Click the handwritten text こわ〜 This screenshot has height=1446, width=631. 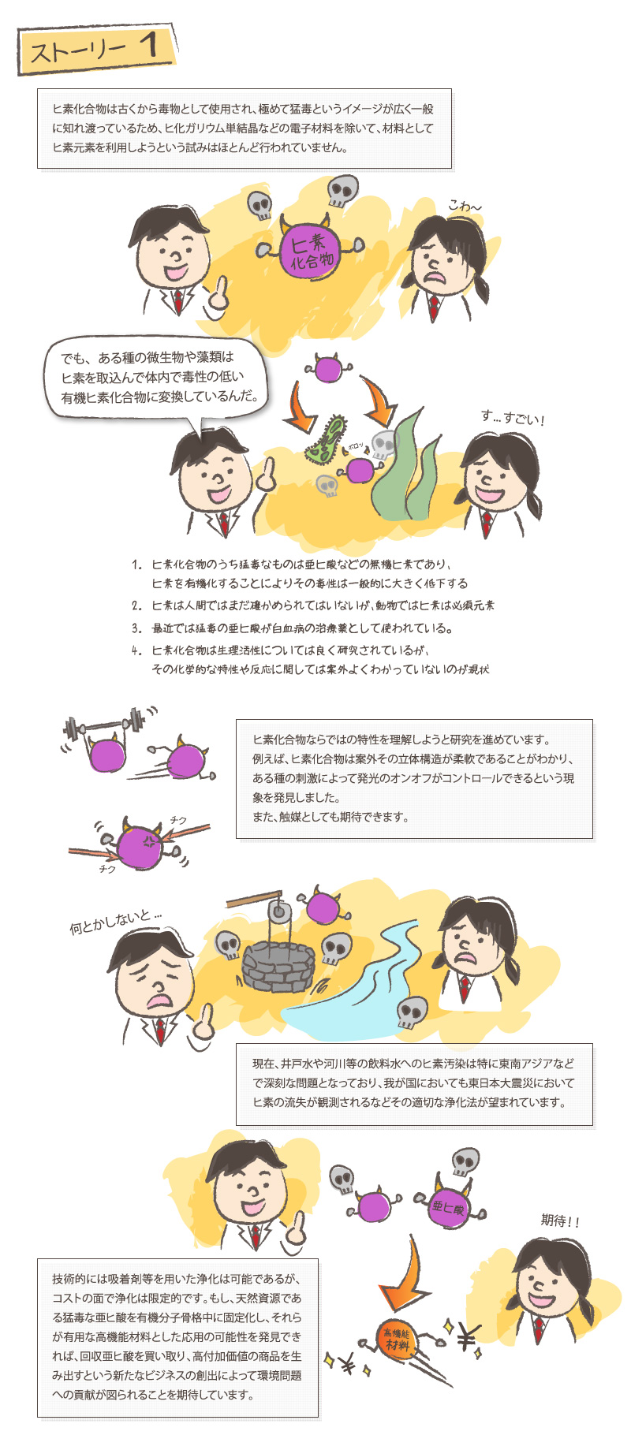point(465,207)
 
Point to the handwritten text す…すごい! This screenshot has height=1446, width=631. point(513,418)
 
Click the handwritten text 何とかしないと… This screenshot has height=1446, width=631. point(116,921)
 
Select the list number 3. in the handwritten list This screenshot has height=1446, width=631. point(137,628)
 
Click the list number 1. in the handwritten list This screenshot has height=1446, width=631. point(137,565)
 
